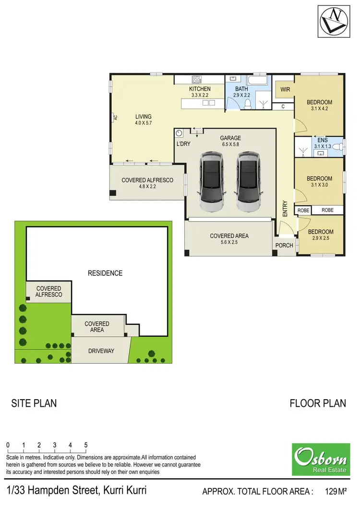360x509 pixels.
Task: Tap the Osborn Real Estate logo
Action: [x=321, y=459]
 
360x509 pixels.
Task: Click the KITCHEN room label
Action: [x=200, y=89]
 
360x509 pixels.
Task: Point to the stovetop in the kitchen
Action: [x=196, y=79]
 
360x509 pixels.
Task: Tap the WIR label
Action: [x=285, y=89]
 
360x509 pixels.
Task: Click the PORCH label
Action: [x=284, y=246]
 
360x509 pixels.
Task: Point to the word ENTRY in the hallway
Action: [x=285, y=209]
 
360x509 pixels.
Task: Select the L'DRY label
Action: [x=183, y=144]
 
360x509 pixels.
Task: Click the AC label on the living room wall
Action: [x=115, y=117]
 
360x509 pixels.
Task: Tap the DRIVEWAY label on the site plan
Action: [x=101, y=351]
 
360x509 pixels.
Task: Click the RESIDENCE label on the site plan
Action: [x=105, y=273]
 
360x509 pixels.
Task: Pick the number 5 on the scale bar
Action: [x=86, y=445]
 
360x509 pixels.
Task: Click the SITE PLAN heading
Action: [x=34, y=403]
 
